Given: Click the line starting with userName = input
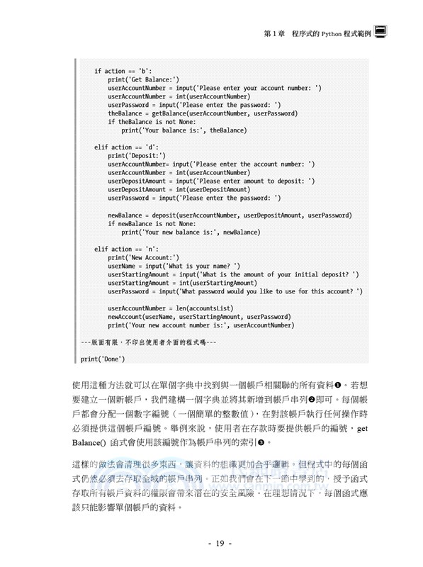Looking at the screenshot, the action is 174,266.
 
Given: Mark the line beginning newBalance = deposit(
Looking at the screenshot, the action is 230,215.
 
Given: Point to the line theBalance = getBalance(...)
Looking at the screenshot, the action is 203,113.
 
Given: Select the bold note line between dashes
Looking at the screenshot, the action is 149,342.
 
